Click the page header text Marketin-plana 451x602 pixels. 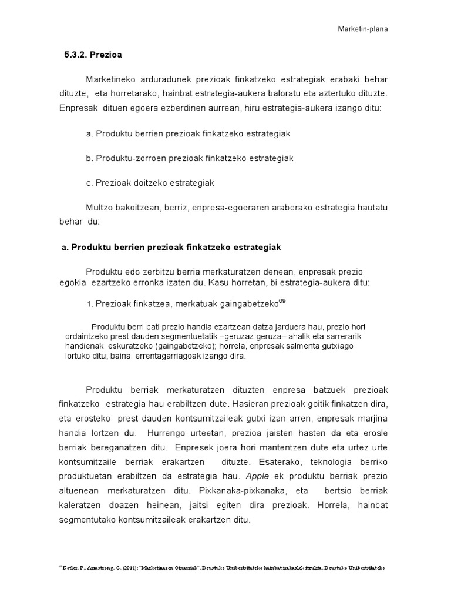tap(363, 28)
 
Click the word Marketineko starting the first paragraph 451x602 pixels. tap(112, 79)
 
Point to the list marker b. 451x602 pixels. tap(89, 158)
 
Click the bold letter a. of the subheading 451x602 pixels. tap(65, 248)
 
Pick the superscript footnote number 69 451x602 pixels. tap(282, 301)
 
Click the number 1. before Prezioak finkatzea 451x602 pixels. tap(90, 304)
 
